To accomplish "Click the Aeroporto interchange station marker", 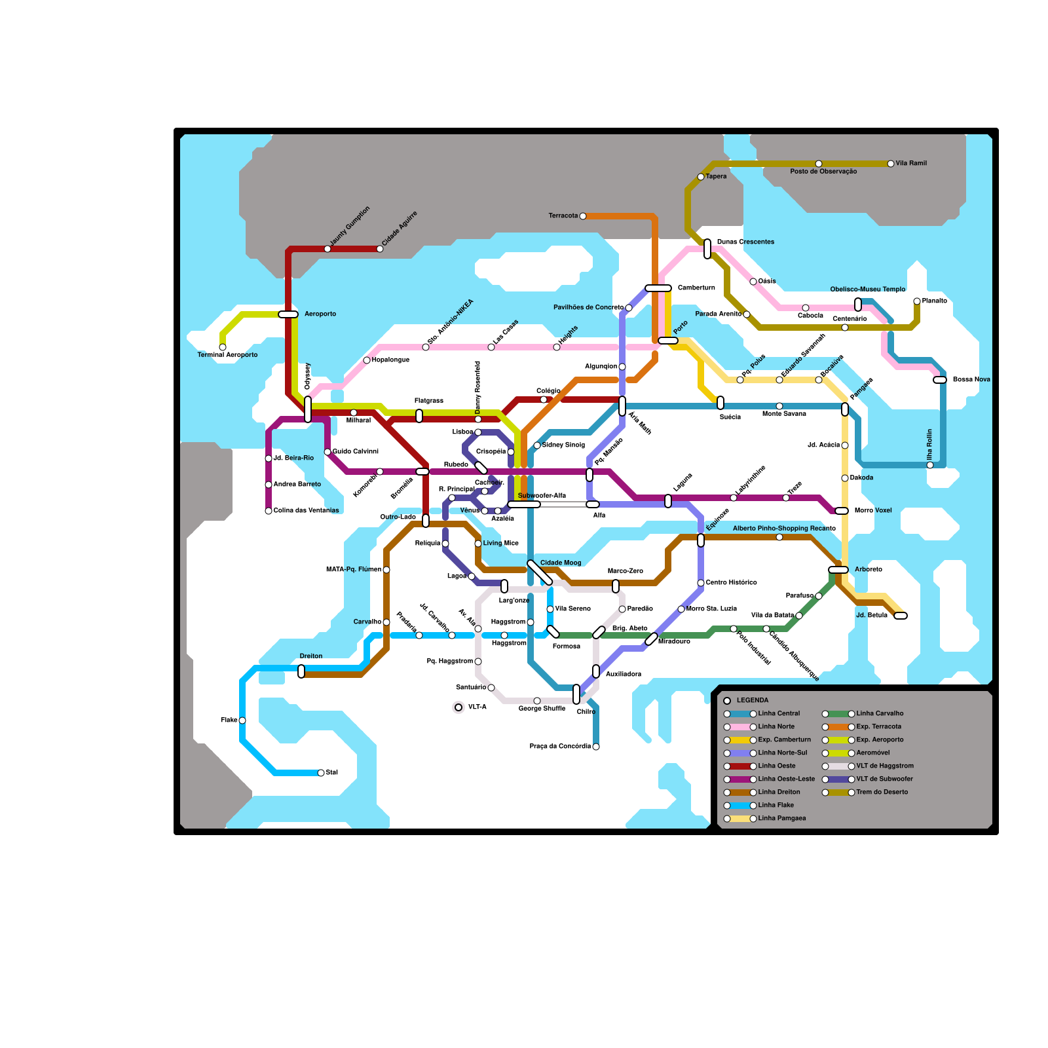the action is (288, 314).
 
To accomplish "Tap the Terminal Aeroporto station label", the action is (227, 355).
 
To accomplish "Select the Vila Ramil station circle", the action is (891, 164).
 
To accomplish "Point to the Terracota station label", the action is (563, 216).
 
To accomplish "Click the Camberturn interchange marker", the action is (658, 288).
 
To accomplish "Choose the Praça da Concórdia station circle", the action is (596, 747).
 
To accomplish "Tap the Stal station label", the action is (332, 773).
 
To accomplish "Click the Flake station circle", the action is (242, 720).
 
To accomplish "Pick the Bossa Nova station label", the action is (971, 380).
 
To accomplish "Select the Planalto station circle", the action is (917, 301).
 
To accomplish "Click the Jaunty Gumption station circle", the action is (327, 249).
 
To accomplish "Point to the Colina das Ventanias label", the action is (306, 511).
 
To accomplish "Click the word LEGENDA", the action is (753, 701).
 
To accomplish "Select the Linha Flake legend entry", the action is (776, 806).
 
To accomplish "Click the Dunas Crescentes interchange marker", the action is (707, 249).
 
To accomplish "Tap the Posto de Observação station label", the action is (823, 172).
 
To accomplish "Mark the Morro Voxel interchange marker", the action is (842, 511).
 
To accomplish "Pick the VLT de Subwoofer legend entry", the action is (884, 779).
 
